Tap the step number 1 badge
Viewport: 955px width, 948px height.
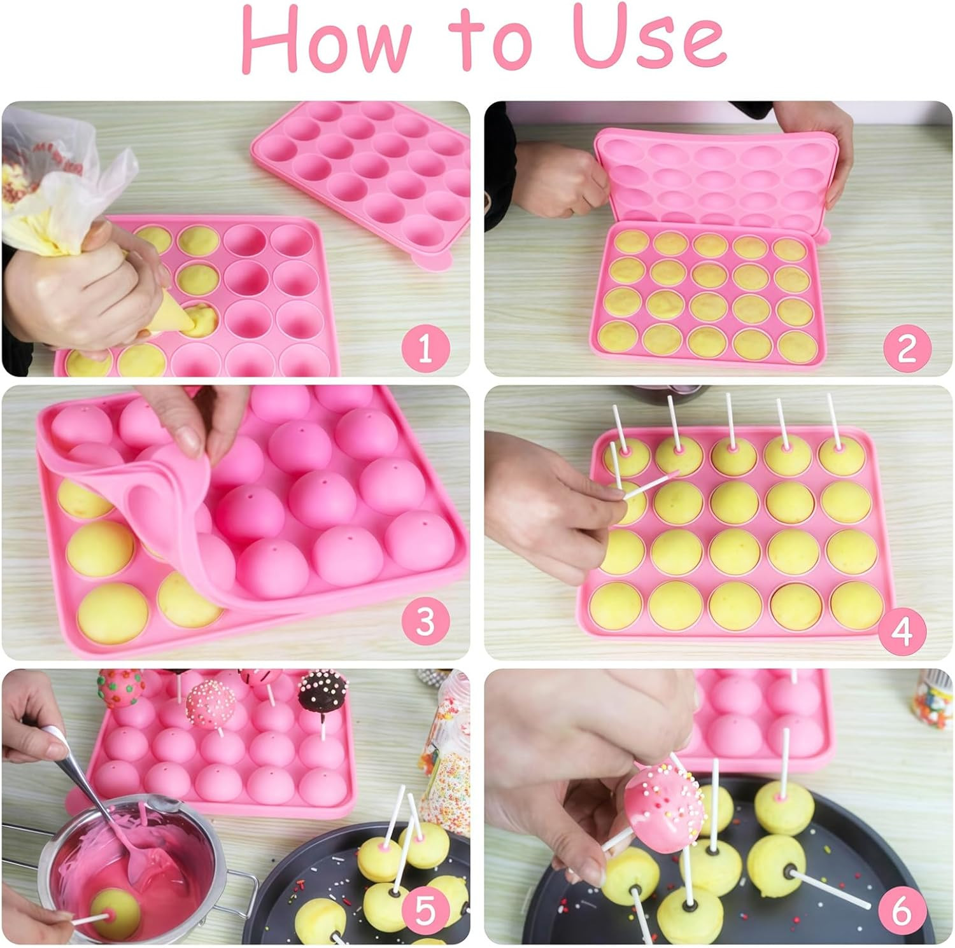[425, 348]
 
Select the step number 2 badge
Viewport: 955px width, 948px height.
[905, 348]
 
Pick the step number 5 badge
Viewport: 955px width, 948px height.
[425, 911]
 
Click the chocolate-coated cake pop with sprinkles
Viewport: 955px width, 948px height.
[320, 694]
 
